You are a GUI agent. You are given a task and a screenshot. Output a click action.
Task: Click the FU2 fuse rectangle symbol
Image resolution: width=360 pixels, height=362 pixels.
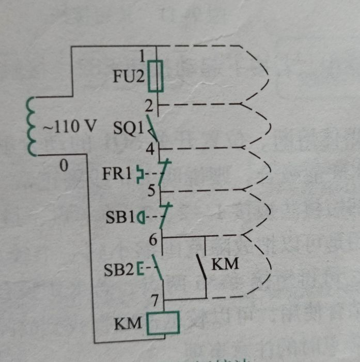[155, 76]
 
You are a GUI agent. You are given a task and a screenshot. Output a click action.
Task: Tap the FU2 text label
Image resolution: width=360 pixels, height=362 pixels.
[129, 77]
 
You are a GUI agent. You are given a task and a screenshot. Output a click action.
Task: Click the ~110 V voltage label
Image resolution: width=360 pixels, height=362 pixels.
[69, 127]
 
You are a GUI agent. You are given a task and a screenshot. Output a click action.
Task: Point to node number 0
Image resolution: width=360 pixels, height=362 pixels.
[64, 165]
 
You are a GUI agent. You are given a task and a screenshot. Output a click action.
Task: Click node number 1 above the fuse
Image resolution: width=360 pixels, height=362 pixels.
[142, 56]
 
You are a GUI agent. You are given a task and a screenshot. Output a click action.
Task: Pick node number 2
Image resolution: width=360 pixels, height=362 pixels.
[149, 107]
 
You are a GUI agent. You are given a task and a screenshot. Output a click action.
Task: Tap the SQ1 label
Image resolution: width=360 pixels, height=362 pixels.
[128, 128]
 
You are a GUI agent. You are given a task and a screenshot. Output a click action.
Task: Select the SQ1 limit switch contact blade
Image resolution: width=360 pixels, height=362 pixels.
[152, 128]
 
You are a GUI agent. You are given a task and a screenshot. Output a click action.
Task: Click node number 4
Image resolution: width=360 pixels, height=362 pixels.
[150, 149]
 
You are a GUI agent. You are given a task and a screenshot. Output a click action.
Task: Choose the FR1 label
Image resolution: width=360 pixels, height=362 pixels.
[117, 174]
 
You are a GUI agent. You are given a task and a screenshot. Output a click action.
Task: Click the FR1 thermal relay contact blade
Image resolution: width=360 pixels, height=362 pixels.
[165, 172]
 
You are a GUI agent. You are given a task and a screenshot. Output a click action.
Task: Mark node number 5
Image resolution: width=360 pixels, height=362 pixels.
[151, 191]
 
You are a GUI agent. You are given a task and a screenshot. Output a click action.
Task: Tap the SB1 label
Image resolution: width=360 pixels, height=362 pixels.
[120, 217]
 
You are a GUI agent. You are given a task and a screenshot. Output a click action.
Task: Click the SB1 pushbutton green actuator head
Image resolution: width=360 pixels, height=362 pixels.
[141, 218]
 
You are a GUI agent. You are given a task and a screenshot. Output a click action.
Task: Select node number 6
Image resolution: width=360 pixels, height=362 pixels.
[153, 239]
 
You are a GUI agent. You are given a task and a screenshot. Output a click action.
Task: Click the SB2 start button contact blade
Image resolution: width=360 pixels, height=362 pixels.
[158, 267]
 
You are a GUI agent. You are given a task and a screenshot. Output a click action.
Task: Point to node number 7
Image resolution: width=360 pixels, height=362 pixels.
[155, 300]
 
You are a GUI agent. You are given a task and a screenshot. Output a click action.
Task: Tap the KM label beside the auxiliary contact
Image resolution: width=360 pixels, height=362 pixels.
[225, 264]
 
